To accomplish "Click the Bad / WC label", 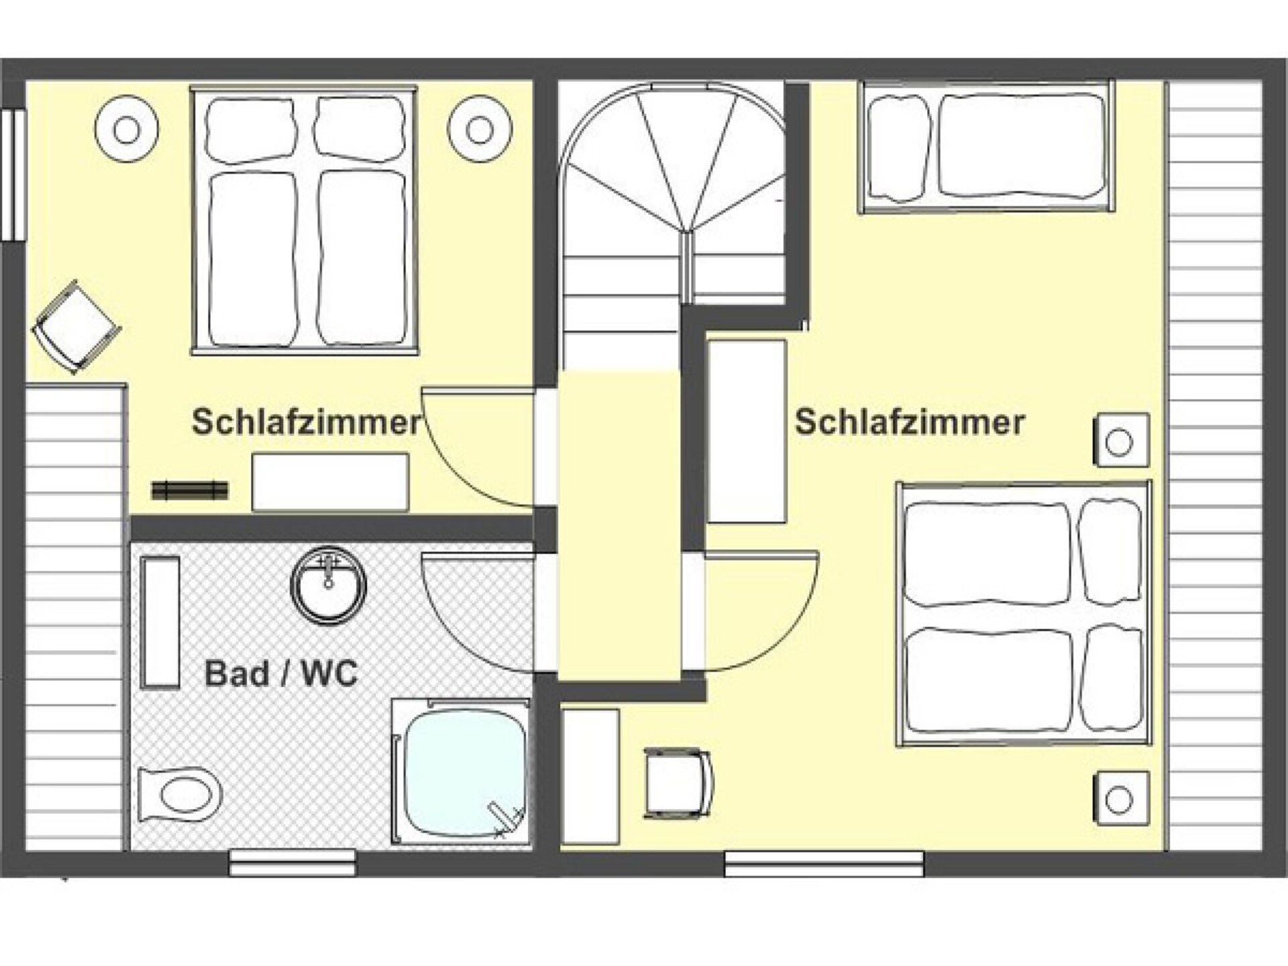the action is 281,674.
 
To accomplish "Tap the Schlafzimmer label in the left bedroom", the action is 307,423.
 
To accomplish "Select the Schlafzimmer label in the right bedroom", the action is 910,423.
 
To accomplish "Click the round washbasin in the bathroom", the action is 328,586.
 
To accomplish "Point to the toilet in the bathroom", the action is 180,796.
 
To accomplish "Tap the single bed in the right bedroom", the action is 986,147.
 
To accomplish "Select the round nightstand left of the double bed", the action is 127,129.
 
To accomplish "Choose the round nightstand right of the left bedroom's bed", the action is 480,129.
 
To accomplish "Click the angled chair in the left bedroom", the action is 76,327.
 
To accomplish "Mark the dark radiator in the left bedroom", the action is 190,490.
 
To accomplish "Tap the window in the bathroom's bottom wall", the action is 292,863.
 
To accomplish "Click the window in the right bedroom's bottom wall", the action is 824,863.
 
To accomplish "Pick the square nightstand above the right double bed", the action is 1120,441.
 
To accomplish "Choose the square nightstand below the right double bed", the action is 1120,798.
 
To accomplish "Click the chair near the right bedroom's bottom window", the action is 679,784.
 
